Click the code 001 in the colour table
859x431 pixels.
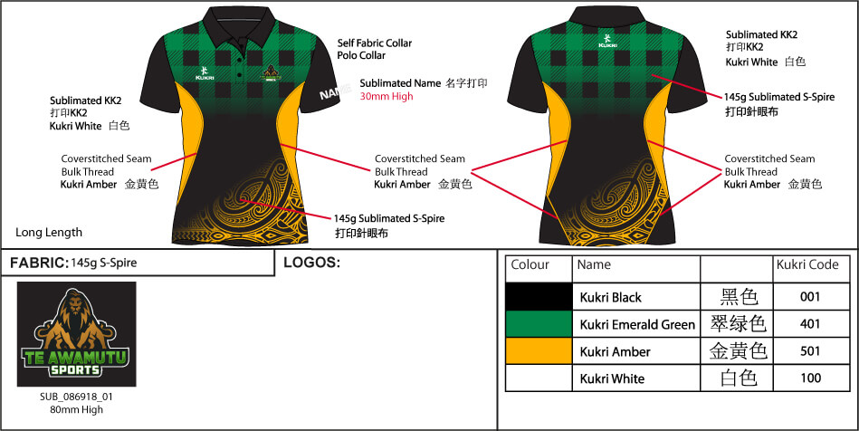tap(810, 297)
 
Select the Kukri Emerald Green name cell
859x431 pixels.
tap(637, 324)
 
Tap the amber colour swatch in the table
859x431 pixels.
tap(539, 350)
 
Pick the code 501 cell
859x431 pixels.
tap(810, 351)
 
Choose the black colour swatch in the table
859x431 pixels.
tap(539, 296)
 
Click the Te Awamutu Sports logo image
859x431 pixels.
tap(76, 335)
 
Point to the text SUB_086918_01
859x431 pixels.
tap(76, 397)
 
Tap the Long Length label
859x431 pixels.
tap(49, 232)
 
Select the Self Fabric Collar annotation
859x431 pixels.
tap(374, 43)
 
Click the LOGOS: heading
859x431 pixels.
tap(311, 263)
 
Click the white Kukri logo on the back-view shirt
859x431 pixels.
tap(610, 41)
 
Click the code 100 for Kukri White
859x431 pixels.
tap(810, 378)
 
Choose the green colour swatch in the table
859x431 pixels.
tap(539, 323)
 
